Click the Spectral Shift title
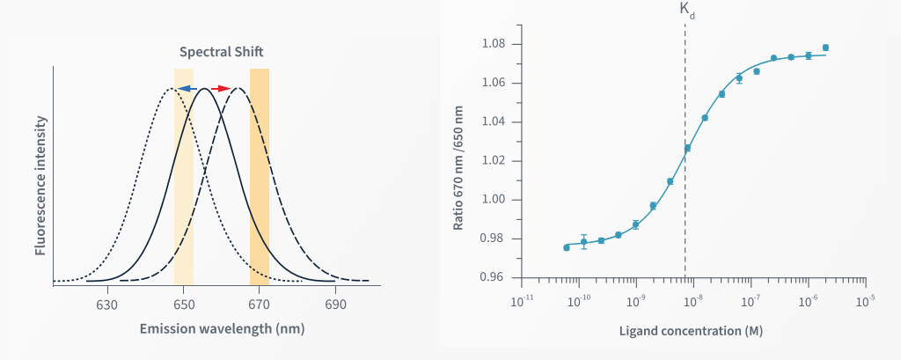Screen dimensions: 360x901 (x=222, y=52)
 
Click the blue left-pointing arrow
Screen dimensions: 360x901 (x=185, y=88)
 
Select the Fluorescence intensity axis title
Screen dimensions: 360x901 (x=40, y=180)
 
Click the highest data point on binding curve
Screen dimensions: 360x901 (x=825, y=48)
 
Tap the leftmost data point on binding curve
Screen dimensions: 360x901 (x=567, y=247)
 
